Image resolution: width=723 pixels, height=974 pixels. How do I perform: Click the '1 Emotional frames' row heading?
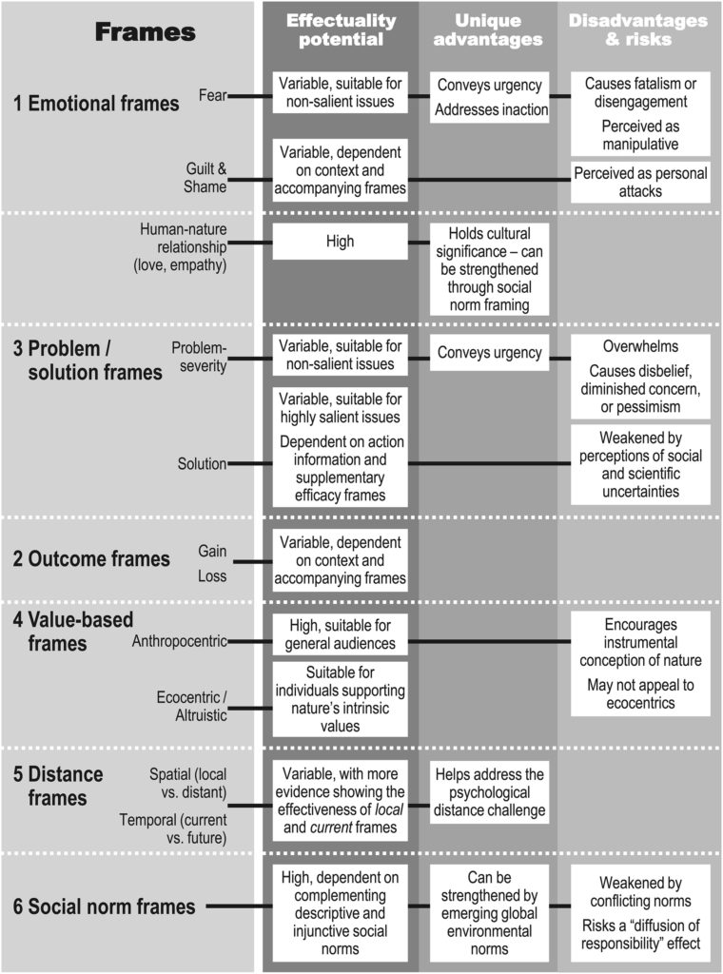coord(96,104)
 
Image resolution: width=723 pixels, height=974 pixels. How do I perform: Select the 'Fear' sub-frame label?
coord(211,94)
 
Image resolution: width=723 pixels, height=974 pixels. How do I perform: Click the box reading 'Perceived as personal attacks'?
coord(640,181)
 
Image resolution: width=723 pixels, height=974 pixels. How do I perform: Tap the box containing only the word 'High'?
coord(340,242)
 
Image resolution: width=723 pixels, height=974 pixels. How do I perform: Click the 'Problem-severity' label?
coord(200,358)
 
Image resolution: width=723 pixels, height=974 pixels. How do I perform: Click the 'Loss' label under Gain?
coord(212,576)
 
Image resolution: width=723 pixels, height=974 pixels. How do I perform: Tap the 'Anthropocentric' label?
coord(179,641)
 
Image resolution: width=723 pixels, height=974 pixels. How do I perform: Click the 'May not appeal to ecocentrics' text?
coord(640,694)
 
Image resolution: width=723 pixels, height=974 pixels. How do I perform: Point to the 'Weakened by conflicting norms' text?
coord(640,890)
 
